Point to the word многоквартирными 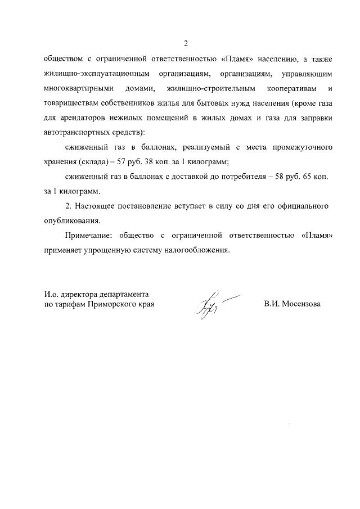[78, 89]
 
